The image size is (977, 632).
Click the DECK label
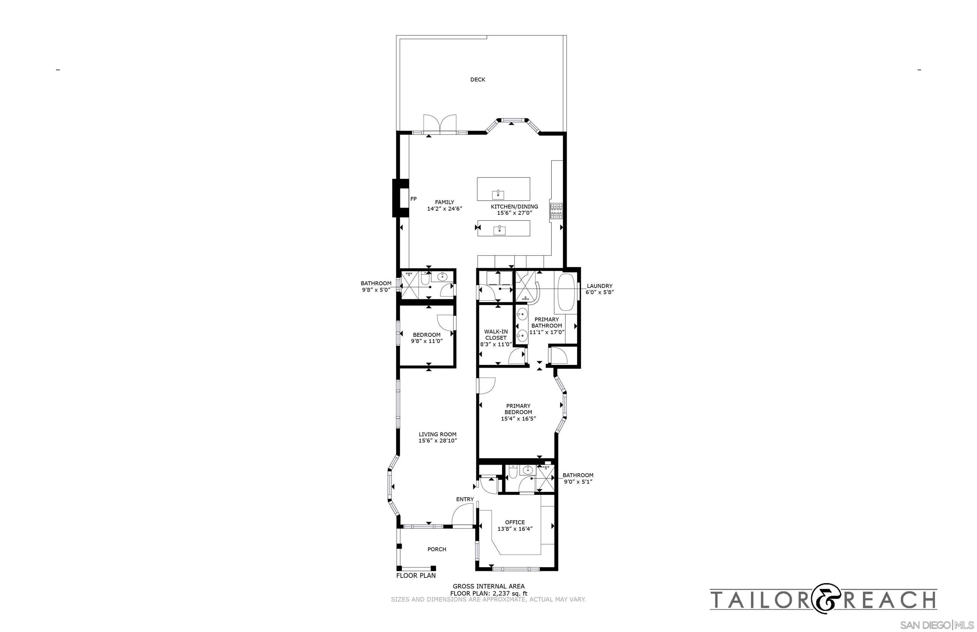point(477,80)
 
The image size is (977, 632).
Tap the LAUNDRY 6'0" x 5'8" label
point(599,289)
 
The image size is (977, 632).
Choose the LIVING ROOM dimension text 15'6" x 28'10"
point(437,441)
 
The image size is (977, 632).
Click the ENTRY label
point(465,499)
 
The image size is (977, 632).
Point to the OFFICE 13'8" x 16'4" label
point(515,526)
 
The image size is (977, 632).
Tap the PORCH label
point(437,549)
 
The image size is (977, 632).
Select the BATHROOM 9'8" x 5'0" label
point(376,287)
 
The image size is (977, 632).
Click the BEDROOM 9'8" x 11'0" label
point(426,338)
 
